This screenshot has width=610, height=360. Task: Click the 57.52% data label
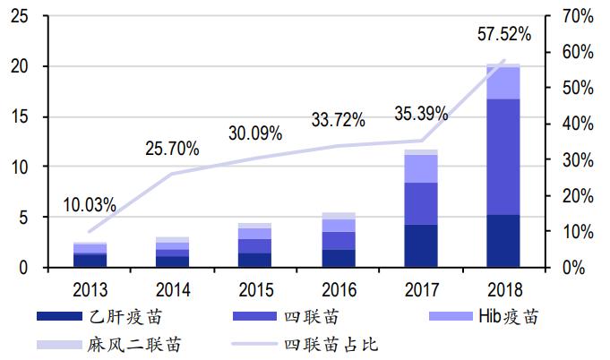pos(504,35)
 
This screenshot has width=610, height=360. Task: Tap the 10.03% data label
pos(90,205)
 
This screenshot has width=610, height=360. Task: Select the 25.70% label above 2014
pos(172,150)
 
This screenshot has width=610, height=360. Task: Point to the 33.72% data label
pos(338,119)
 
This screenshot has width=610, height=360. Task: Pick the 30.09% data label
pos(255,133)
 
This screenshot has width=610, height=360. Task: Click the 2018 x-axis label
pos(503,289)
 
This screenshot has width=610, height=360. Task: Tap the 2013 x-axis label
pos(90,289)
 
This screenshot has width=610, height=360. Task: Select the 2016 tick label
pos(338,289)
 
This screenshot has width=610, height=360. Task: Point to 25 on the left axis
pos(20,17)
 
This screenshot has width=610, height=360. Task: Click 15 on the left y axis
pos(20,117)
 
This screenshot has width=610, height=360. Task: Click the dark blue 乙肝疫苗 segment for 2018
pos(503,241)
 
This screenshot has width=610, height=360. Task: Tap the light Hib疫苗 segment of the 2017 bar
pos(421,168)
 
